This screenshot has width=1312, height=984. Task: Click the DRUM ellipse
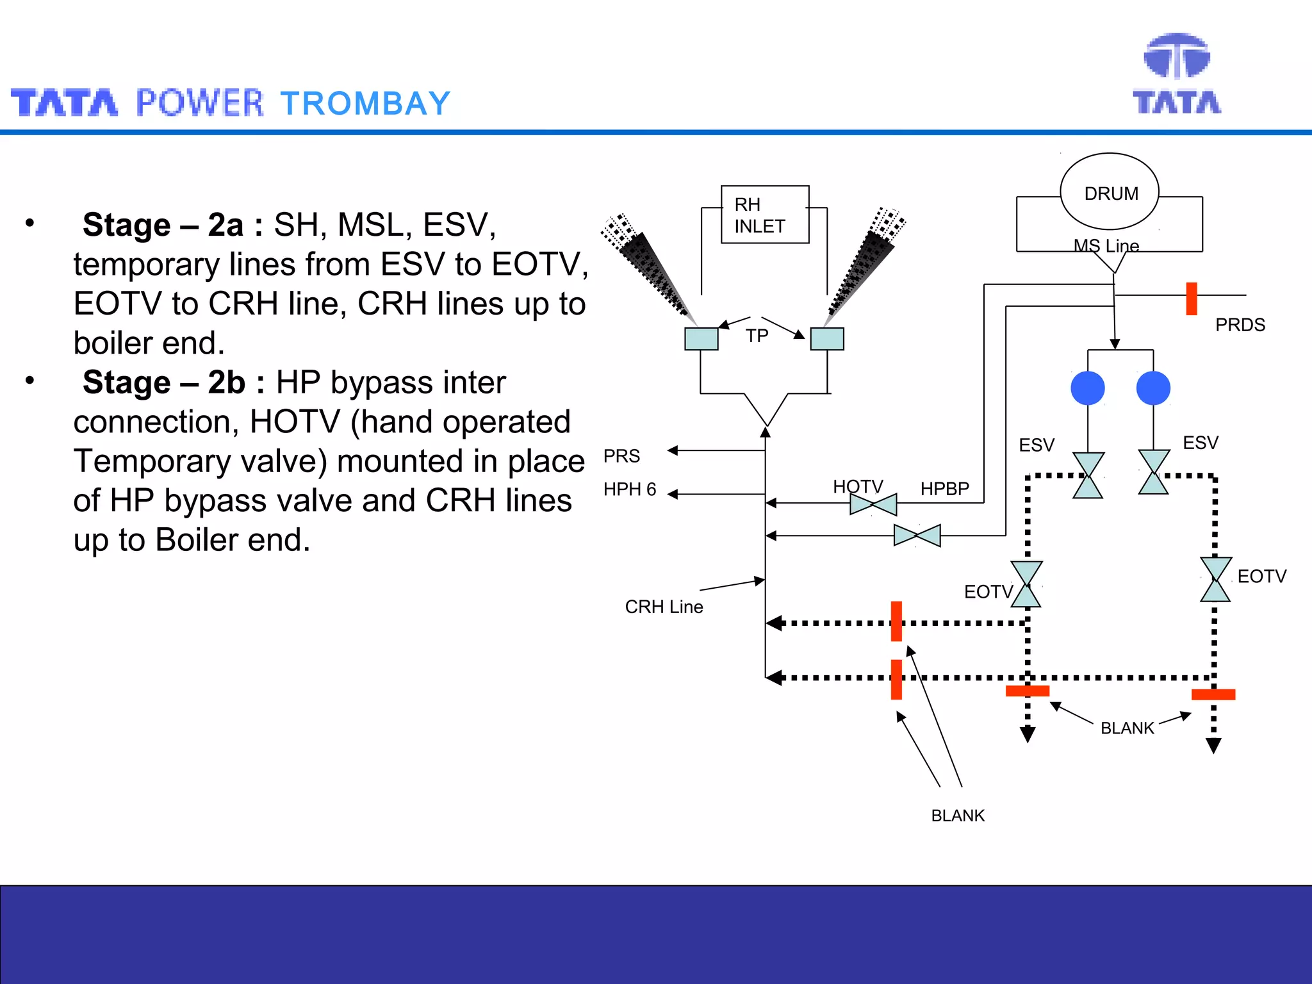tap(1110, 192)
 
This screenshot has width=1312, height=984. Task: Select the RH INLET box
tap(765, 215)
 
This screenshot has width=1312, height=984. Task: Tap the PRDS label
tap(1240, 325)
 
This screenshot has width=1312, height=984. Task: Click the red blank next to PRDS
tap(1192, 299)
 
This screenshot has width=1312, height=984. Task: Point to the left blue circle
tap(1088, 388)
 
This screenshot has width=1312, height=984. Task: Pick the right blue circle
tap(1153, 388)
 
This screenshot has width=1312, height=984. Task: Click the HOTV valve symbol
tap(873, 505)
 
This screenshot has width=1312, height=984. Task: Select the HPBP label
tap(944, 489)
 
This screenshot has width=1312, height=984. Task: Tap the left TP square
tap(701, 339)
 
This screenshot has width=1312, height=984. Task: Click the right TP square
tap(827, 339)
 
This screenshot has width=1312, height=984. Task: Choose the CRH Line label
tap(664, 607)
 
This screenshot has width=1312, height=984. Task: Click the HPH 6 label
tap(630, 489)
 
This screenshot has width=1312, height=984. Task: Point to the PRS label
tap(621, 456)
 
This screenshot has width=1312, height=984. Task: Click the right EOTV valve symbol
tap(1215, 580)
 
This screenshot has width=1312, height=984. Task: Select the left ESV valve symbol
tap(1088, 475)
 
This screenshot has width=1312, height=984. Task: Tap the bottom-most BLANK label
tap(958, 816)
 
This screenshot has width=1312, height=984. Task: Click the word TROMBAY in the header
tap(366, 104)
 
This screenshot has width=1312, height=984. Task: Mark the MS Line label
tap(1106, 245)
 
